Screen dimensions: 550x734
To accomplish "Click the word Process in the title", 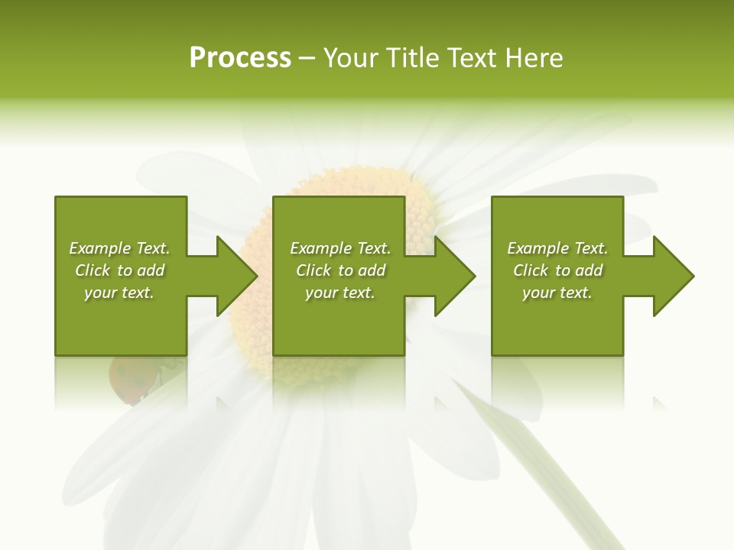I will coord(240,58).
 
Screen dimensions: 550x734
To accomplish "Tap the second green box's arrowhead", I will coord(454,276).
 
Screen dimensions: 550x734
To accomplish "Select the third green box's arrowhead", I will coord(673,276).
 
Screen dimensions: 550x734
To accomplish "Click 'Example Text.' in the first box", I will coord(119,248).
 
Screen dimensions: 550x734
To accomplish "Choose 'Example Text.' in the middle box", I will coord(340,248).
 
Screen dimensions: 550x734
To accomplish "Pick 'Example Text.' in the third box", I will coord(557,248).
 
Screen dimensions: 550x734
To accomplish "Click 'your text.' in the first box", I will coord(119,293).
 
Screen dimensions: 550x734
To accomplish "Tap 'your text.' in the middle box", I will coord(340,293).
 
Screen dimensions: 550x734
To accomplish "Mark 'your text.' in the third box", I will coord(557,293).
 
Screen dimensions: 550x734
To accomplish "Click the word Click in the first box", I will coord(93,270).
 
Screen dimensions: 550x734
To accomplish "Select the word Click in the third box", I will coord(531,270).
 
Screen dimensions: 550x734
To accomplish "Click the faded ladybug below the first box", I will coord(128,380).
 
